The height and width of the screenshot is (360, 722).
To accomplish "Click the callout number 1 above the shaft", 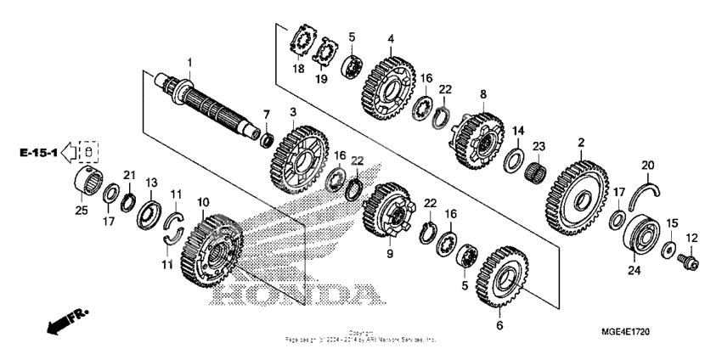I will tap(190, 63).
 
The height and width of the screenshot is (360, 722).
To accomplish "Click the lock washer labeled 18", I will tap(299, 42).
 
